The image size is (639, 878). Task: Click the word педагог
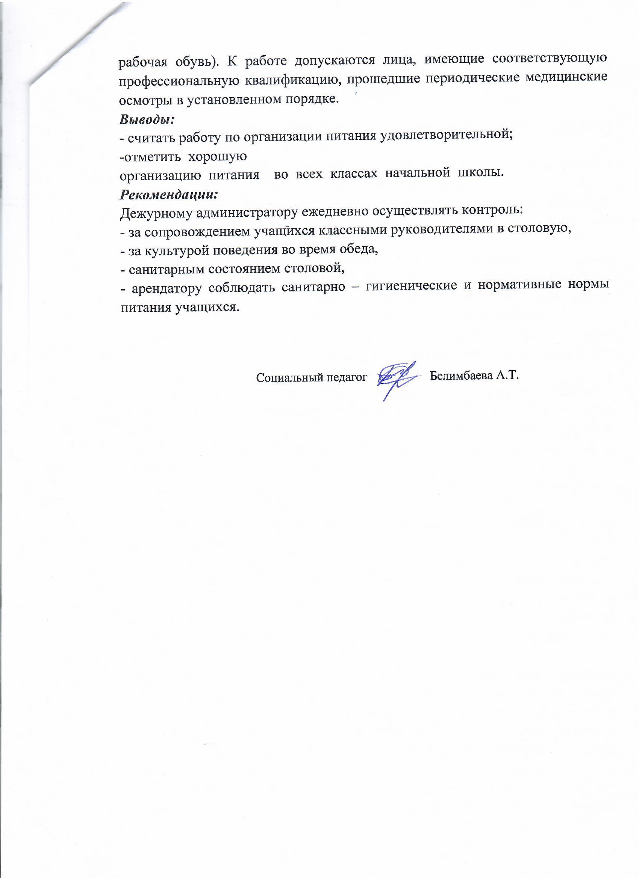[x=347, y=377]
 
